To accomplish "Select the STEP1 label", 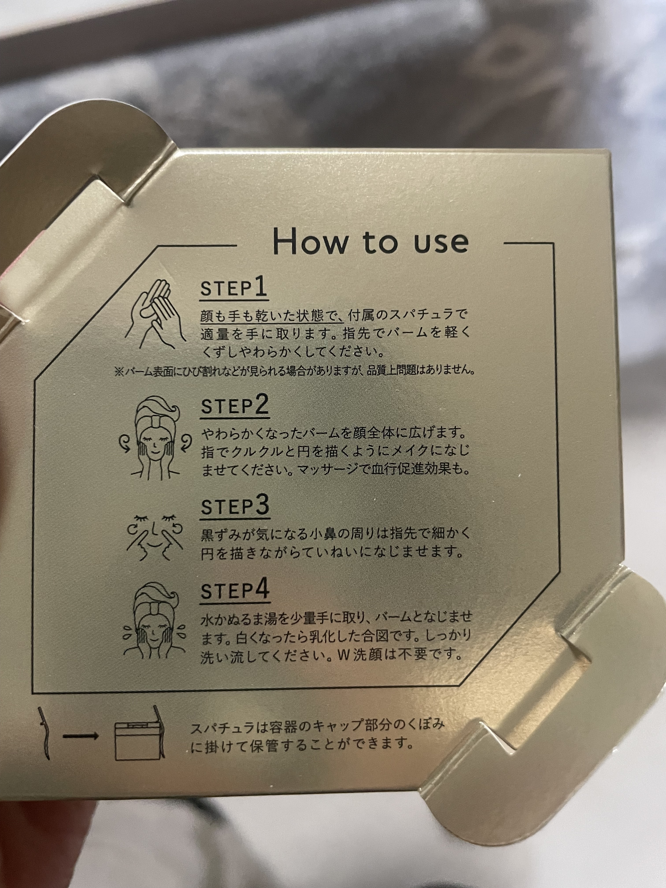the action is point(234,288).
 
